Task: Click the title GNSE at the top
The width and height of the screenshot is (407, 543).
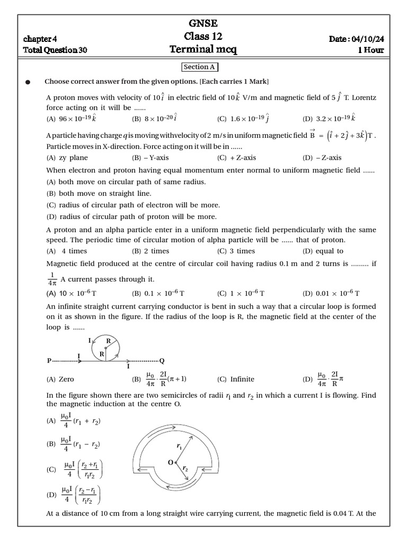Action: tap(203, 23)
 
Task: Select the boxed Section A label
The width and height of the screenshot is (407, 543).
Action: tap(199, 67)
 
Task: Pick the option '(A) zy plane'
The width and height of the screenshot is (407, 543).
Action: tap(67, 157)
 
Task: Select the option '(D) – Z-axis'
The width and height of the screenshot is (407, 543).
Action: tap(322, 157)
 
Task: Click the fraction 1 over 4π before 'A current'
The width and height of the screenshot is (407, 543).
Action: tap(51, 279)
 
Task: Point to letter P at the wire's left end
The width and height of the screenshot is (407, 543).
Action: tap(49, 361)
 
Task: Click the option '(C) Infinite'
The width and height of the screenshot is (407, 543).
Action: tap(236, 379)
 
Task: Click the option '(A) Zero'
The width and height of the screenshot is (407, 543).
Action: tap(60, 379)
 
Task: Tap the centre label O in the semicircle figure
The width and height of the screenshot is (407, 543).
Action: tap(171, 462)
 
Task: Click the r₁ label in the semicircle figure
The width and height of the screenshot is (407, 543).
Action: tap(179, 447)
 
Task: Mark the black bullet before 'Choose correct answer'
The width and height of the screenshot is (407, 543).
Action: tap(28, 82)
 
